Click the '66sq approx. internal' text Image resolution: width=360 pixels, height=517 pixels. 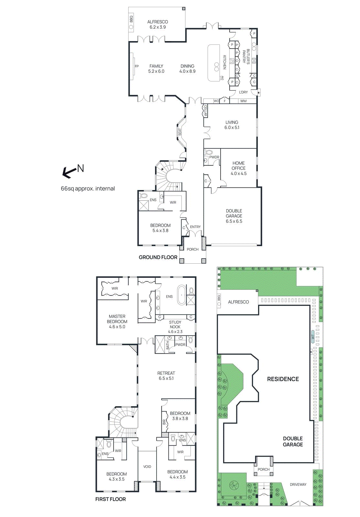(88, 189)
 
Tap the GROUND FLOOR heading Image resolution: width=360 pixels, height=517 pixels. (158, 257)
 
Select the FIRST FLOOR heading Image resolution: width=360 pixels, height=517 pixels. (110, 499)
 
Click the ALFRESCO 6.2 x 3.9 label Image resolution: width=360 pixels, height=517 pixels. (158, 25)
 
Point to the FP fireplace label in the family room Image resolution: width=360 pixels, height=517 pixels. (137, 66)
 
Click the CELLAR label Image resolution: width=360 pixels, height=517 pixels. (205, 111)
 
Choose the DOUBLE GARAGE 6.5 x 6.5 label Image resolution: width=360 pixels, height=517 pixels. (234, 216)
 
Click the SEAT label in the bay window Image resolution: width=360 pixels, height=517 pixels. (180, 132)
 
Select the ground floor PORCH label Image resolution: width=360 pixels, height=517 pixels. (192, 249)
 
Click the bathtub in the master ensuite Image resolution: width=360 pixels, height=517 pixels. (181, 295)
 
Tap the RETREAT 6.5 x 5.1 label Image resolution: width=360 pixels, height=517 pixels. (166, 375)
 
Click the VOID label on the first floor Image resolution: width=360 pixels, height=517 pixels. (147, 467)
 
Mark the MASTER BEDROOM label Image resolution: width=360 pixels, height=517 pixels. (117, 322)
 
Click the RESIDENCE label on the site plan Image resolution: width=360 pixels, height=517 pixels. (283, 379)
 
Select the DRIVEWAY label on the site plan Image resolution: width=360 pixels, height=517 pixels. (298, 484)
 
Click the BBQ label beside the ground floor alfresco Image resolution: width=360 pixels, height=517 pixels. (131, 19)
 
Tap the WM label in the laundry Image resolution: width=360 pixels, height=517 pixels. (243, 101)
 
